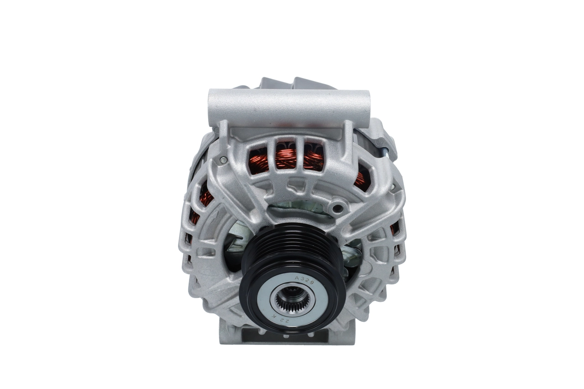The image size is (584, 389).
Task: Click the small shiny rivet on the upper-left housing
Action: coord(222,160)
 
